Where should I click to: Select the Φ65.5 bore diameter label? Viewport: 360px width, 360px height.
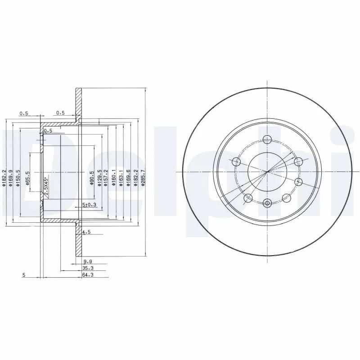(x=27, y=178)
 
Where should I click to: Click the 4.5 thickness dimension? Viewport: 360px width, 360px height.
(x=87, y=233)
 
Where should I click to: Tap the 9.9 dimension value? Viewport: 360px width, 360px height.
(x=88, y=261)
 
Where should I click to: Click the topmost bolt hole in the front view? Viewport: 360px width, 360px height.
(x=267, y=139)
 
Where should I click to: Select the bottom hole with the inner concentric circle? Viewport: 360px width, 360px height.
(x=267, y=203)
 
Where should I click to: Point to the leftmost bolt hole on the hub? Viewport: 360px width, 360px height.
(x=236, y=161)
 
